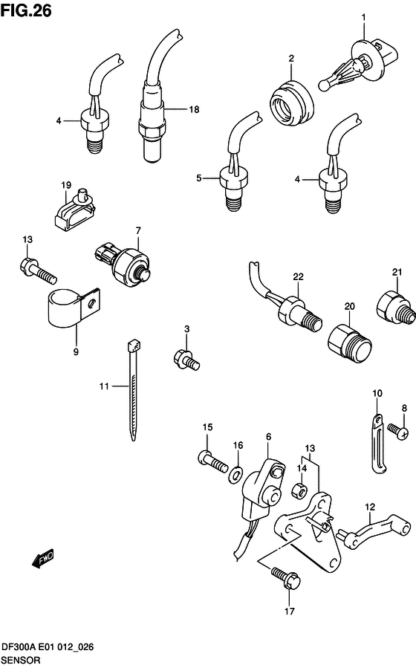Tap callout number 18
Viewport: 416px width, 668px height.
(x=194, y=109)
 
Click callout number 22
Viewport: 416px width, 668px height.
(x=298, y=277)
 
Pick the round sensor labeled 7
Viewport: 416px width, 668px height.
(x=129, y=262)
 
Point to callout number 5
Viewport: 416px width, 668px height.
(x=199, y=178)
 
